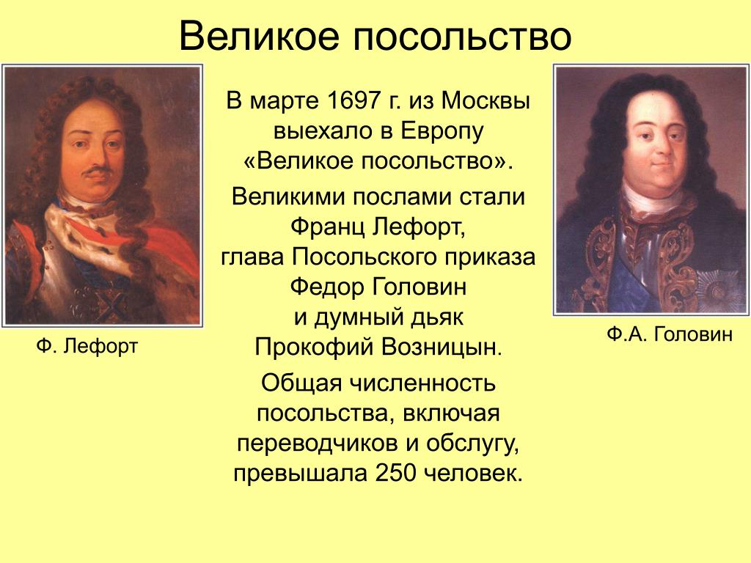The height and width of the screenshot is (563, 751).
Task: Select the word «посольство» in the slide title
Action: coord(463,37)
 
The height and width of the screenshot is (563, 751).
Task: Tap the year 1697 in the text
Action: coord(353,101)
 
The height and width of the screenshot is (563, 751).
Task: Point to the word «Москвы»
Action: coord(486,101)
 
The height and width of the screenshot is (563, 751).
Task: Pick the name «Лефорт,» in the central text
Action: coord(420,227)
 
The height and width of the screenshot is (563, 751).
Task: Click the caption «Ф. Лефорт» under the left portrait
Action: coord(87,346)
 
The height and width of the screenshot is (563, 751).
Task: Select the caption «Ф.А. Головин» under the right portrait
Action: coord(670,334)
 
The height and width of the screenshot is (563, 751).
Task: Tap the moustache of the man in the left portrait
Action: coord(98,172)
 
